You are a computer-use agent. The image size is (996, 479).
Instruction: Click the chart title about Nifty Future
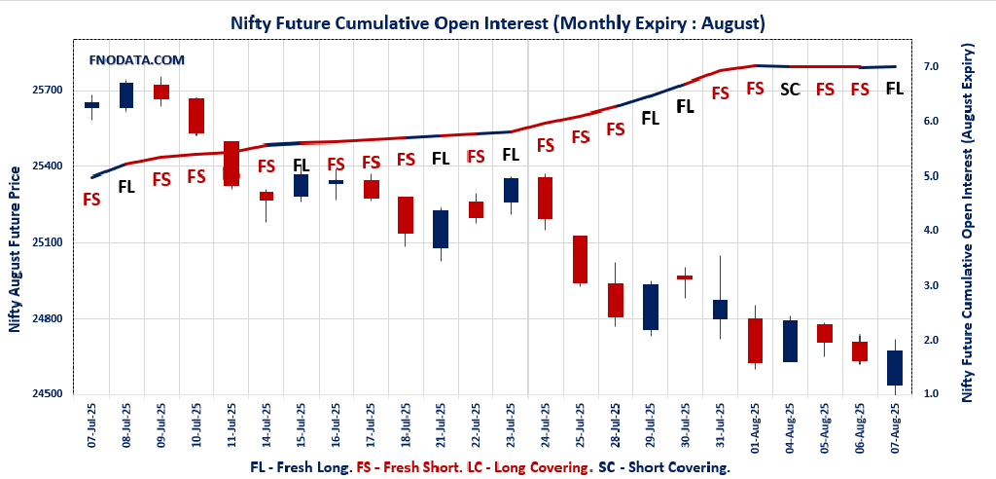click(497, 20)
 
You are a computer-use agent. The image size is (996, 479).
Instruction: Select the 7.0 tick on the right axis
click(930, 66)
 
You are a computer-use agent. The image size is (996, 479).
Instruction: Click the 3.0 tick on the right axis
click(930, 285)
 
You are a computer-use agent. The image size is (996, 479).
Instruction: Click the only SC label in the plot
click(790, 90)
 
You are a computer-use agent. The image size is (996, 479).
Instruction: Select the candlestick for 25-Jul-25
click(580, 259)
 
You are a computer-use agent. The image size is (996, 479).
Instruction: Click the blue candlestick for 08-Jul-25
click(126, 95)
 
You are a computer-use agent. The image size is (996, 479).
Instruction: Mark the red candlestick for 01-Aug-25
click(755, 341)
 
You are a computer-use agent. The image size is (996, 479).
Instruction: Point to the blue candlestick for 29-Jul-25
click(651, 307)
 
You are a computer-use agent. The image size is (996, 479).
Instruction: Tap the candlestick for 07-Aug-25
click(895, 368)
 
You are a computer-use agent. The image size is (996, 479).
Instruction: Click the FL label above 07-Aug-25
click(895, 89)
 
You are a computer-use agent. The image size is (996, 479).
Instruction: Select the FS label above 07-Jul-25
click(91, 200)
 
